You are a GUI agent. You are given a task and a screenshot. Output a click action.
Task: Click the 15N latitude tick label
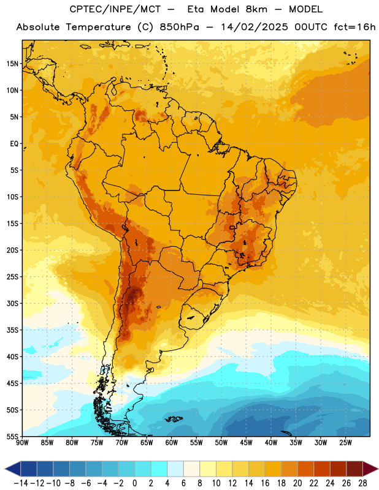[x=12, y=64]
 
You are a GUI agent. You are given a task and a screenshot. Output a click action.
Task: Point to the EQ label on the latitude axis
[x=14, y=144]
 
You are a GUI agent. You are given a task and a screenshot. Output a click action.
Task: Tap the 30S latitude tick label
[x=12, y=303]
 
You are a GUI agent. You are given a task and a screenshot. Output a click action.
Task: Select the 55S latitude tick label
[x=12, y=436]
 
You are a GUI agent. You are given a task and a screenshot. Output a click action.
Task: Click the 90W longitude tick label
[x=23, y=443]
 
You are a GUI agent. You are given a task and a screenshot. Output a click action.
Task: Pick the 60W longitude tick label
[x=172, y=443]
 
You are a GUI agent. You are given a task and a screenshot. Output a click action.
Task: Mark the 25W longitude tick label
[x=345, y=443]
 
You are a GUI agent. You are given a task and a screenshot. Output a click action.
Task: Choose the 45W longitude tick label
[x=247, y=443]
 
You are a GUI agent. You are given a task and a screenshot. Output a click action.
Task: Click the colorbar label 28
[x=362, y=483]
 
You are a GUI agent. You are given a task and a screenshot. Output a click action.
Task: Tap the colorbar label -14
[x=21, y=483]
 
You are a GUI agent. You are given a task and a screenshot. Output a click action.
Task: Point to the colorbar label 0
[x=134, y=483]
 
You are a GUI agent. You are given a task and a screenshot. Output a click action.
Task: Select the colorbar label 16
[x=265, y=483]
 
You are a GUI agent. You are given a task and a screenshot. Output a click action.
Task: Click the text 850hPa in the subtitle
[x=179, y=27]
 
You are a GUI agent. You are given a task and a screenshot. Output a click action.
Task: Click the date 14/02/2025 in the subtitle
[x=255, y=27]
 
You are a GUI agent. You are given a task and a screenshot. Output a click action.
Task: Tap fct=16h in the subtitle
[x=354, y=27]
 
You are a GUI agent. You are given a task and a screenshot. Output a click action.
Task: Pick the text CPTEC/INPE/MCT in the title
[x=115, y=9]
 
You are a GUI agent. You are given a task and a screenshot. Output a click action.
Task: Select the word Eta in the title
[x=196, y=9]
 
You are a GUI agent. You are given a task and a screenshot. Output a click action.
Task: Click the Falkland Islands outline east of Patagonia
[x=174, y=419]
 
